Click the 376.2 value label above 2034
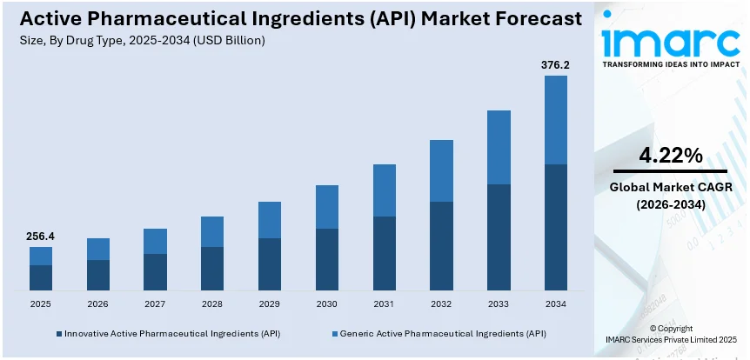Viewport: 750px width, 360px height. click(555, 64)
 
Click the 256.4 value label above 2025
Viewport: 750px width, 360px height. click(41, 236)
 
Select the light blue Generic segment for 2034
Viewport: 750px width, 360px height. click(555, 119)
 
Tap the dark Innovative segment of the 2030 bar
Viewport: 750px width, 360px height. click(326, 259)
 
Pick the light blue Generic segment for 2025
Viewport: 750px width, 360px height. click(41, 256)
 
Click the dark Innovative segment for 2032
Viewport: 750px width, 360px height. click(441, 245)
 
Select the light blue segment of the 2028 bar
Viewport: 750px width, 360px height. click(212, 231)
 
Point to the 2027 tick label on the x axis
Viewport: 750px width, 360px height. click(155, 304)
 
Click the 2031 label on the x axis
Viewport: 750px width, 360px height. click(384, 304)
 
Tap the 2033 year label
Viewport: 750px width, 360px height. click(499, 304)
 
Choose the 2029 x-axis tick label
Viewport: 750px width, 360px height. click(270, 304)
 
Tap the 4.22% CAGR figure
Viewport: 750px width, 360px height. click(670, 156)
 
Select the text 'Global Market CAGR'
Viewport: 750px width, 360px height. click(670, 188)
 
